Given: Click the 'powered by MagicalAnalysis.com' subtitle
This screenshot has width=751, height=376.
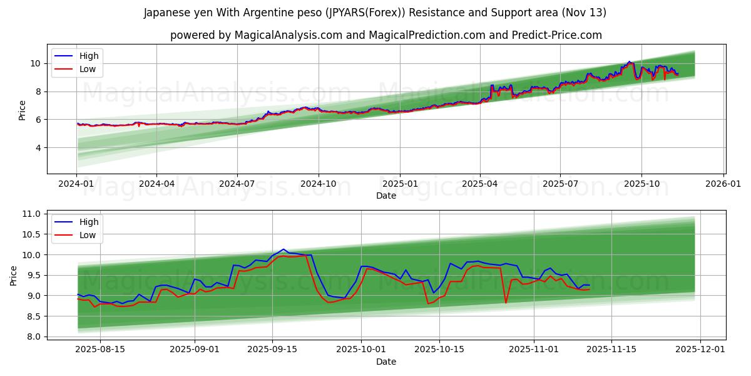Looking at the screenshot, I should pyautogui.click(x=386, y=35).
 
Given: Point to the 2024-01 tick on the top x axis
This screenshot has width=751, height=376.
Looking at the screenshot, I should pyautogui.click(x=77, y=184).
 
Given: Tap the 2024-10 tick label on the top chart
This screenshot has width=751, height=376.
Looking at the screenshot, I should pyautogui.click(x=319, y=184).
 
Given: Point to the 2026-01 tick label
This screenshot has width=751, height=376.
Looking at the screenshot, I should pyautogui.click(x=723, y=184).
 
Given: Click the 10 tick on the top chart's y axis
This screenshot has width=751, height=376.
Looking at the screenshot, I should pyautogui.click(x=35, y=63).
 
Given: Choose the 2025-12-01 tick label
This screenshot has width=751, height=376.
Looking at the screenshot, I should pyautogui.click(x=700, y=350).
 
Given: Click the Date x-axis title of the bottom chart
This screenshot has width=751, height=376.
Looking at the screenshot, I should pyautogui.click(x=386, y=362).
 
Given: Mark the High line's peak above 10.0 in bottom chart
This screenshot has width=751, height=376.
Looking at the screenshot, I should pyautogui.click(x=284, y=249).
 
